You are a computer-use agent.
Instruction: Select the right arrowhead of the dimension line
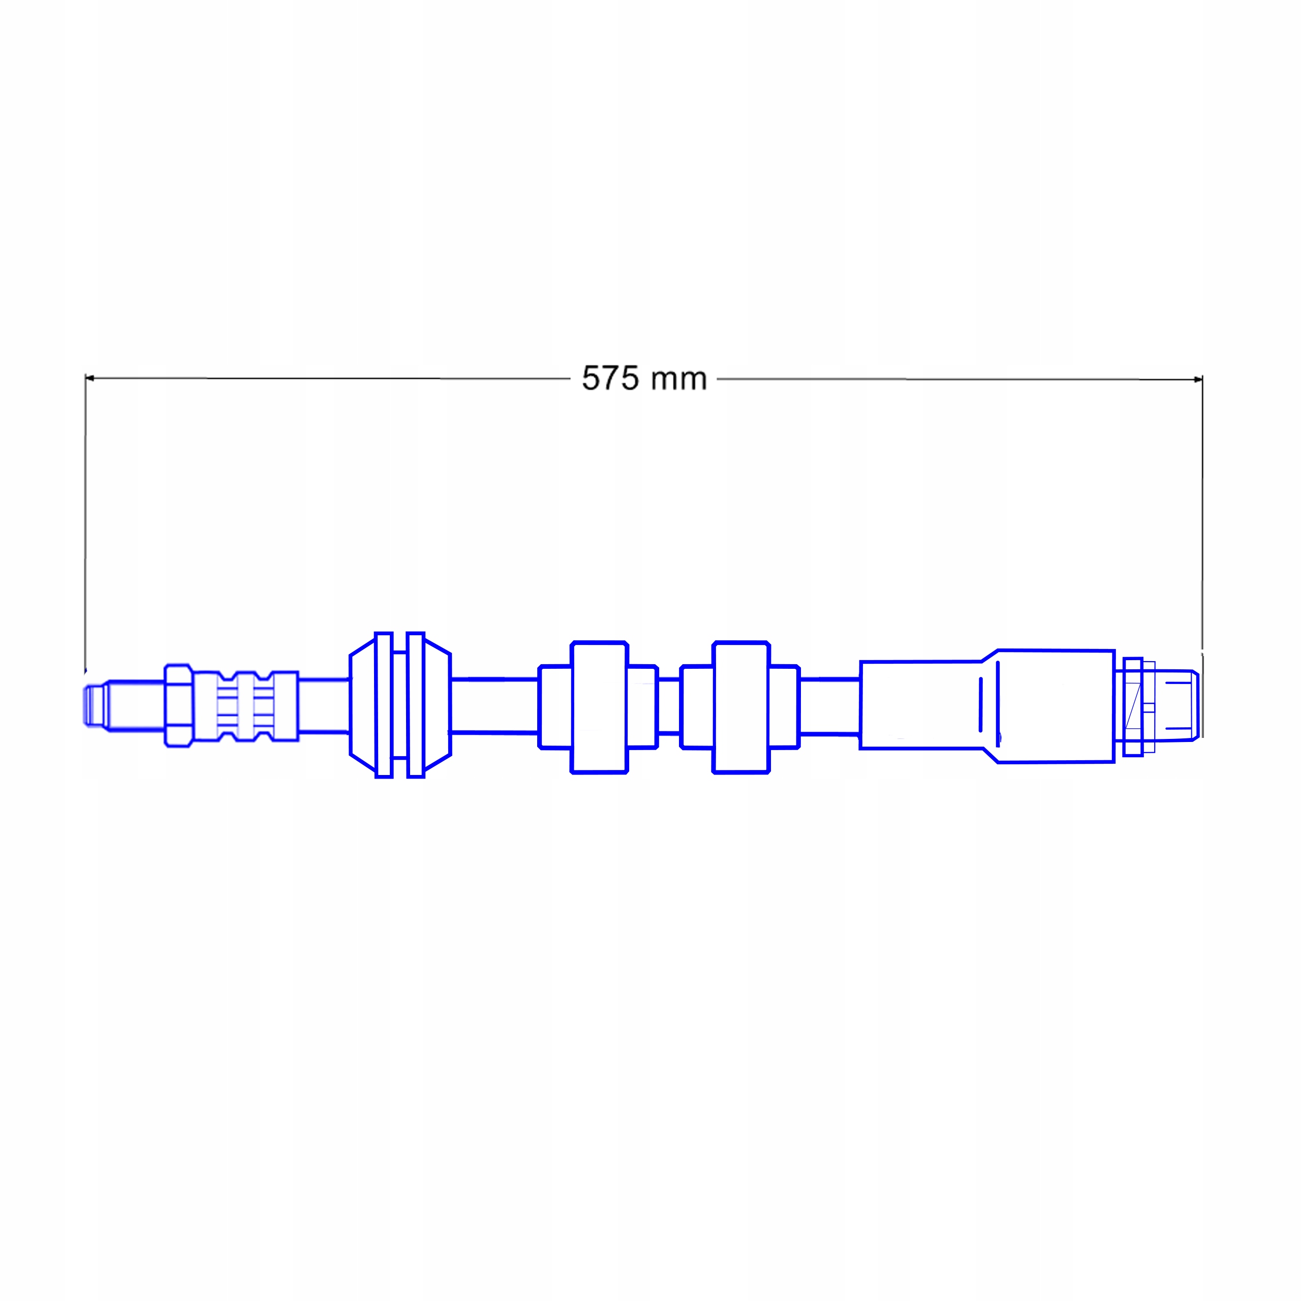[1198, 380]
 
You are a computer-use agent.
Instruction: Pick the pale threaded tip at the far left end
[96, 705]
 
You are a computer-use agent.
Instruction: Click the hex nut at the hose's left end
[178, 705]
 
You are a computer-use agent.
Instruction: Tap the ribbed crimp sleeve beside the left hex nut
[246, 706]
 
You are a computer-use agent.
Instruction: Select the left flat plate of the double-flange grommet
[383, 705]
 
